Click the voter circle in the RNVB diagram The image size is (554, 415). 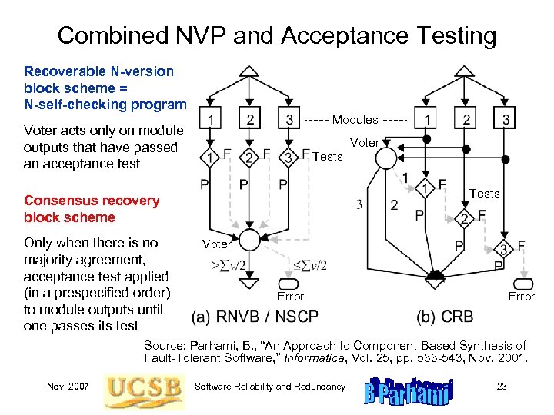coord(249,237)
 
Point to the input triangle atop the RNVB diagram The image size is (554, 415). coord(249,72)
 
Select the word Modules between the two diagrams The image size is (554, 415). coord(355,119)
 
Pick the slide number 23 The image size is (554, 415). coord(502,386)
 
